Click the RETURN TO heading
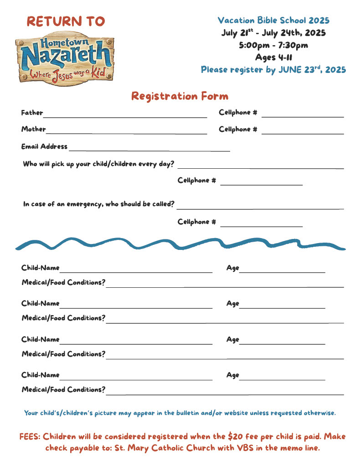(x=66, y=21)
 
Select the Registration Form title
(x=180, y=96)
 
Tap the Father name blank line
(x=125, y=116)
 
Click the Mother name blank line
(x=126, y=133)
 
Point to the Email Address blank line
(x=149, y=150)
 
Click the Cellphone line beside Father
(x=302, y=116)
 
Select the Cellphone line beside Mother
(x=302, y=133)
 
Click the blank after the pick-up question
(x=260, y=167)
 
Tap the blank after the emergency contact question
(x=260, y=208)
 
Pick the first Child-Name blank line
(x=136, y=271)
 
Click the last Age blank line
(x=282, y=379)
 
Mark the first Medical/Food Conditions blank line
(x=225, y=286)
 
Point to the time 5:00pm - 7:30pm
(x=273, y=45)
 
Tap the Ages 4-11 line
(x=273, y=57)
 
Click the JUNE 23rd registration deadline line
(x=273, y=70)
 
